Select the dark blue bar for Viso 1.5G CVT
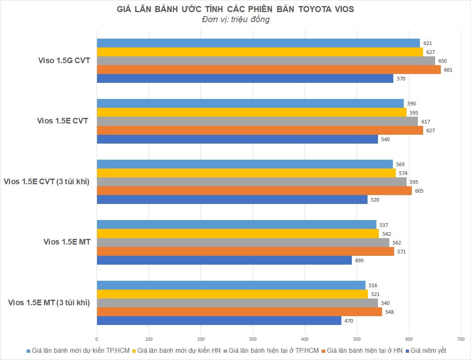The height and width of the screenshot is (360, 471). pyautogui.click(x=245, y=78)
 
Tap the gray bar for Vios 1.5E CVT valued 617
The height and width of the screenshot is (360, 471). pyautogui.click(x=257, y=121)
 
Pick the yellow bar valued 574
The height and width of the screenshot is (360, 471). pyautogui.click(x=246, y=173)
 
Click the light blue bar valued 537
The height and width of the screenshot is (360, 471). pyautogui.click(x=236, y=225)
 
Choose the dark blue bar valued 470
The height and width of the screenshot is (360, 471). pyautogui.click(x=219, y=321)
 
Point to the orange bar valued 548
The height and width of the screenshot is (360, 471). pyautogui.click(x=239, y=312)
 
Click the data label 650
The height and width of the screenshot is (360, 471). pyautogui.click(x=442, y=61)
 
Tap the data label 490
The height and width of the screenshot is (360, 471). pyautogui.click(x=359, y=260)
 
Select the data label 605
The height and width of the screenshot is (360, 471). pyautogui.click(x=419, y=191)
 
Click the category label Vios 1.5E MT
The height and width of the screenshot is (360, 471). pyautogui.click(x=67, y=242)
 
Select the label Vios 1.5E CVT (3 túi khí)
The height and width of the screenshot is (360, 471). pyautogui.click(x=46, y=182)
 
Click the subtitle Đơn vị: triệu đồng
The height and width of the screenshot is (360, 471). pyautogui.click(x=235, y=19)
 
